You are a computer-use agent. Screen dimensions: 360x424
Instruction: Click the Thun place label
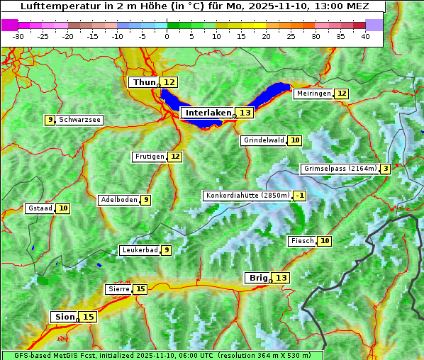pyautogui.click(x=144, y=83)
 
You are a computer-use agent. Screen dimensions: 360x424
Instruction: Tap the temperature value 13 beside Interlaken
pyautogui.click(x=245, y=113)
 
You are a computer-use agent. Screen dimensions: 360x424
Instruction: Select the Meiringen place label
pyautogui.click(x=313, y=94)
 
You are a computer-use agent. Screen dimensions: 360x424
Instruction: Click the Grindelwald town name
pyautogui.click(x=264, y=140)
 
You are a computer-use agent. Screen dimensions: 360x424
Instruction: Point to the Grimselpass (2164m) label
pyautogui.click(x=340, y=169)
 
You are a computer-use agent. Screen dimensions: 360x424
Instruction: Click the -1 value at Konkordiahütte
pyautogui.click(x=301, y=196)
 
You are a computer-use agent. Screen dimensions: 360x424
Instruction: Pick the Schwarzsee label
pyautogui.click(x=79, y=120)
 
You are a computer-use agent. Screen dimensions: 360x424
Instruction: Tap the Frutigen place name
pyautogui.click(x=150, y=157)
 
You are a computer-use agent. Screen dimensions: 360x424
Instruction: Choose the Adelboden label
pyautogui.click(x=118, y=200)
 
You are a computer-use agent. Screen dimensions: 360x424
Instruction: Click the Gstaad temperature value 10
pyautogui.click(x=63, y=208)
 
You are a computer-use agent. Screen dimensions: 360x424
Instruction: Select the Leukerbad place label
pyautogui.click(x=139, y=250)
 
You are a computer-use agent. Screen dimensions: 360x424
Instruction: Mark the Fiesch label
pyautogui.click(x=302, y=241)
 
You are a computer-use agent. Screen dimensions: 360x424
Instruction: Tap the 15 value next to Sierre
pyautogui.click(x=140, y=289)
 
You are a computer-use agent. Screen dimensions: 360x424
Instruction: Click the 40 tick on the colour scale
pyautogui.click(x=365, y=36)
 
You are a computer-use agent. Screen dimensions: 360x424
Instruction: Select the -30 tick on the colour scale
pyautogui.click(x=18, y=36)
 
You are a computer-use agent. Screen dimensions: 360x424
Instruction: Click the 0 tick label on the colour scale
pyautogui.click(x=167, y=36)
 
